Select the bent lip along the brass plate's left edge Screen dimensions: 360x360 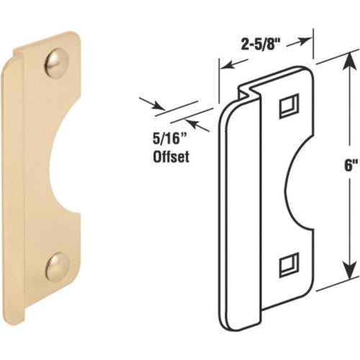click(x=20, y=180)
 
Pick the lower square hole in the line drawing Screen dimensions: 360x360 click(x=285, y=264)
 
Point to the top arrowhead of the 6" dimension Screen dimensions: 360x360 click(x=345, y=64)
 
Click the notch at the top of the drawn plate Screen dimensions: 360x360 click(x=249, y=91)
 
